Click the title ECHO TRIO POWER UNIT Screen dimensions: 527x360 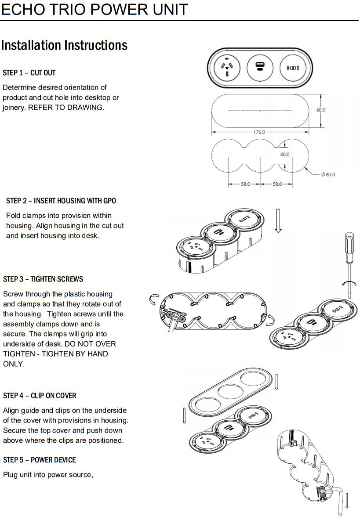[x=94, y=9]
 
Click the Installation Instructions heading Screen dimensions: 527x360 [x=64, y=45]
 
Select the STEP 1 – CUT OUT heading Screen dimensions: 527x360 [x=29, y=72]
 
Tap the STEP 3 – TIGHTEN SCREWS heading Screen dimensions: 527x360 [x=43, y=279]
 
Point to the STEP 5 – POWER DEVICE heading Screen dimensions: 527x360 [x=39, y=460]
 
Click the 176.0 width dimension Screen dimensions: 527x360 [x=259, y=132]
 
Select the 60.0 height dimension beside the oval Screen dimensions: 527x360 [x=321, y=110]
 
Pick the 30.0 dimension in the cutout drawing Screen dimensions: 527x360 [x=285, y=155]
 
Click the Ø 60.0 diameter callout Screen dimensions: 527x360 [x=328, y=174]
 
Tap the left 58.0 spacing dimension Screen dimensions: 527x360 [x=245, y=184]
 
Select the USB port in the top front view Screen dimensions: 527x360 [x=259, y=68]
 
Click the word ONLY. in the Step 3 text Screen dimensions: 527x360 [x=13, y=364]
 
